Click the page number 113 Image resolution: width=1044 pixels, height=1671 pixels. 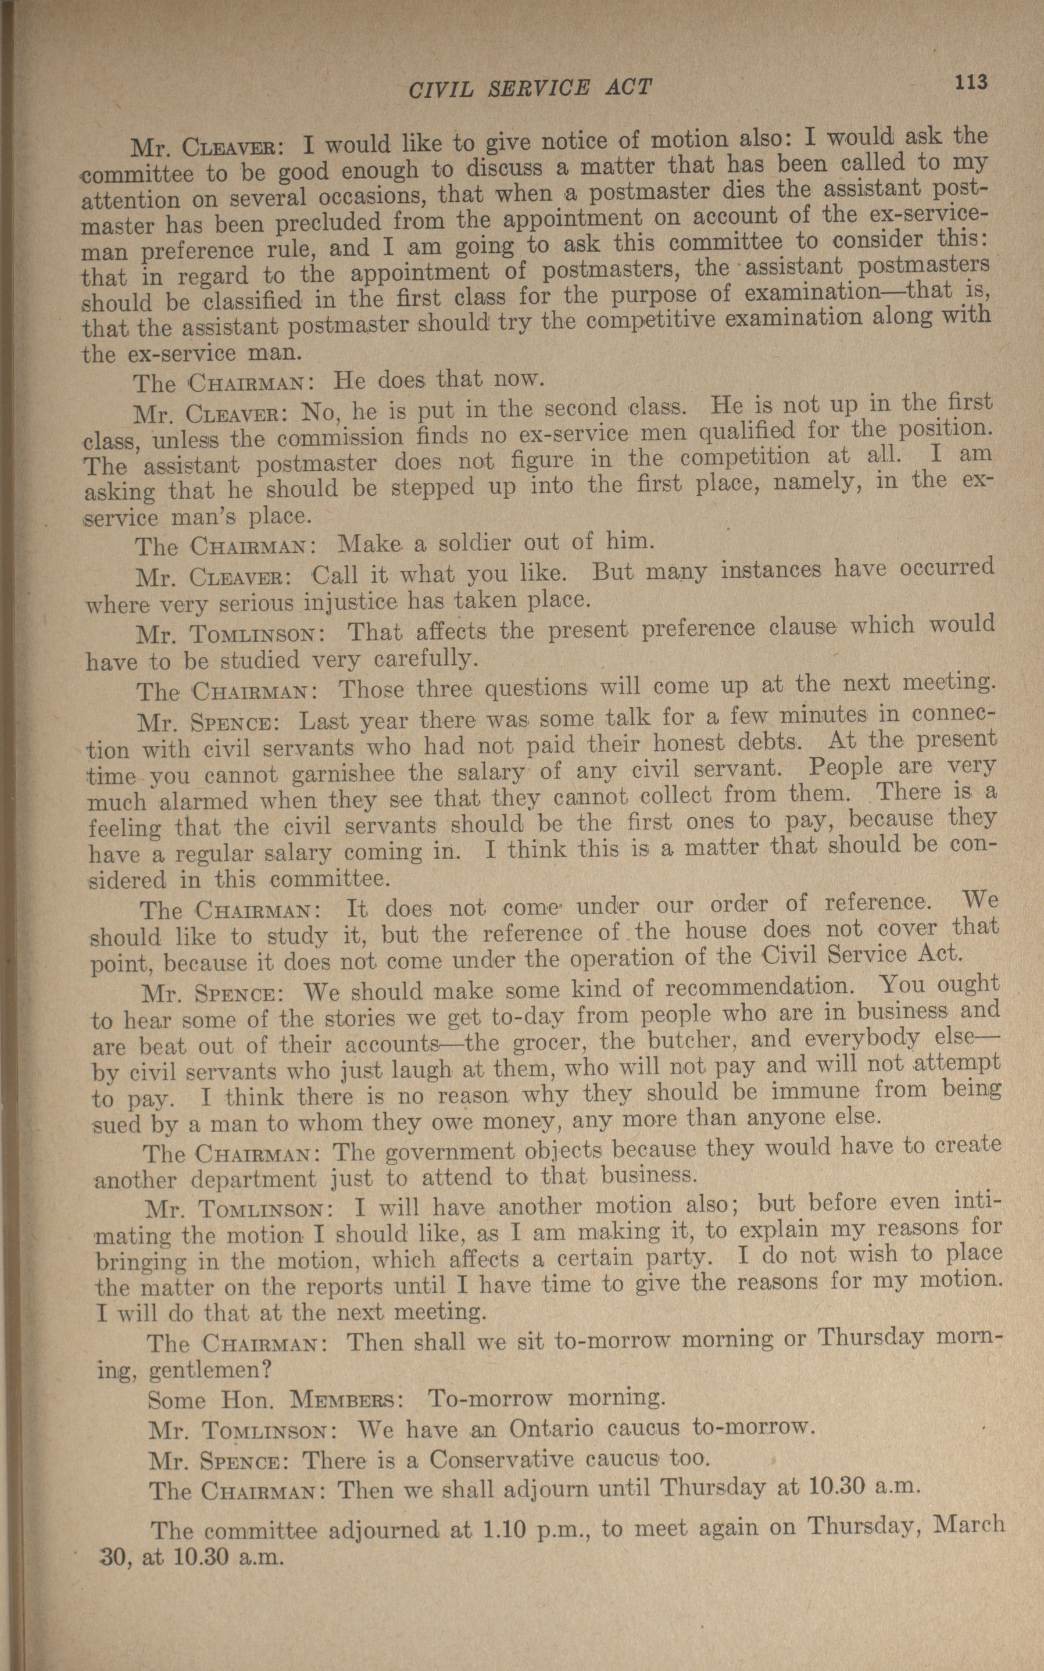pos(971,82)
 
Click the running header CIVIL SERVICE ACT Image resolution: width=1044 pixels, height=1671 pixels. pos(530,88)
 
